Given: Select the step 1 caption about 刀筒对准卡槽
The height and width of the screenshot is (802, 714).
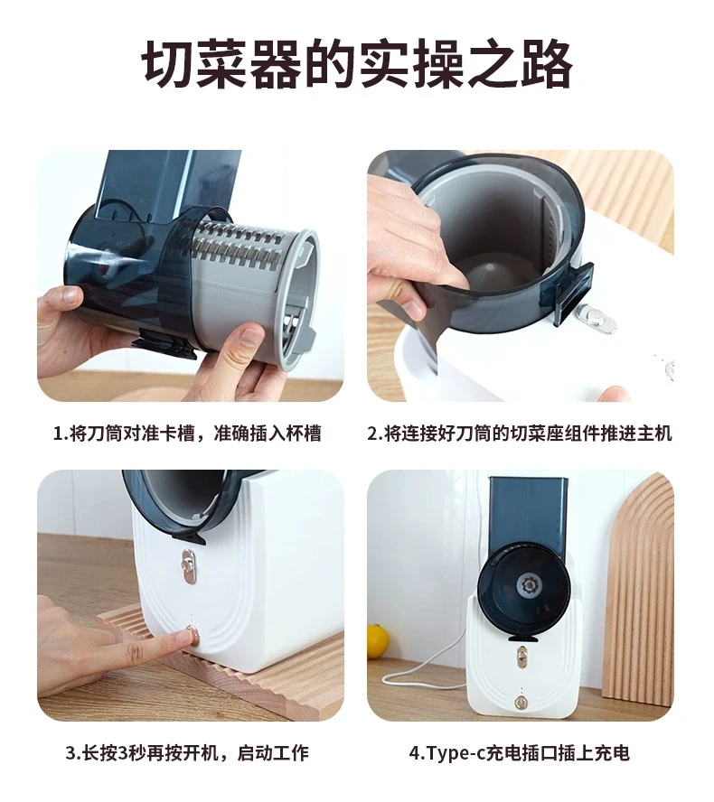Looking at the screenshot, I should (x=186, y=434).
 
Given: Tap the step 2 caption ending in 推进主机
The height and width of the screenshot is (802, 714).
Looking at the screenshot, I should (x=519, y=434).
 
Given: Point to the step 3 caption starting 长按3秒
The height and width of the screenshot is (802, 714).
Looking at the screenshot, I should (x=186, y=752).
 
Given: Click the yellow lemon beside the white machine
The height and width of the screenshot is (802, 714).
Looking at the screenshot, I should (x=378, y=640).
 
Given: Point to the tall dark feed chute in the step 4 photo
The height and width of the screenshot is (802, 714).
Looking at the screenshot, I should (x=528, y=515).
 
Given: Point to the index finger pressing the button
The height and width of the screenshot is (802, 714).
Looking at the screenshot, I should (x=154, y=639).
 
